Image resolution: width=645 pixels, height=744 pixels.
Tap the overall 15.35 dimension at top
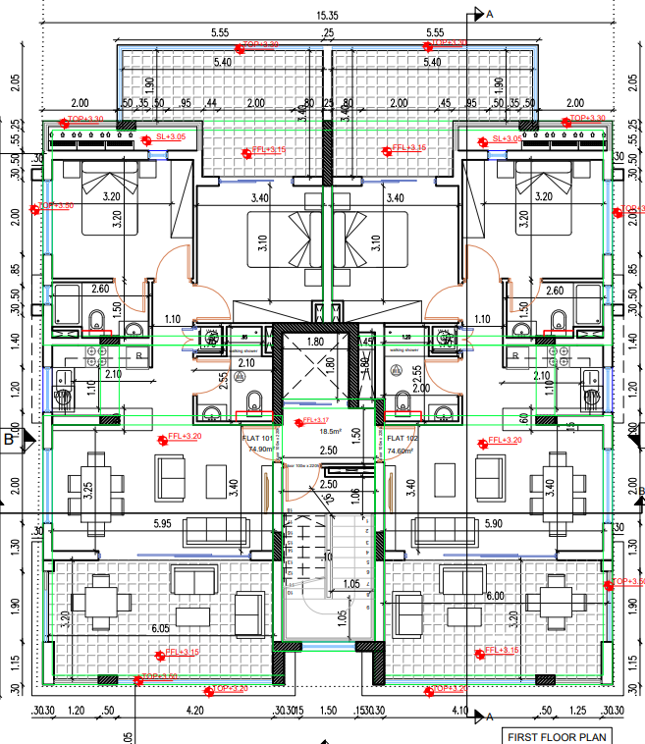(328, 15)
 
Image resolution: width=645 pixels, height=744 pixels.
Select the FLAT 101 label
(257, 438)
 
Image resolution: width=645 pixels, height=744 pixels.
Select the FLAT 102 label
(403, 438)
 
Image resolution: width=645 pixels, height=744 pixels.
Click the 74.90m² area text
(259, 450)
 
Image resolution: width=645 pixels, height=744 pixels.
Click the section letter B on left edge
(9, 439)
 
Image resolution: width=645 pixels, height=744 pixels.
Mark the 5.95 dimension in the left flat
(163, 524)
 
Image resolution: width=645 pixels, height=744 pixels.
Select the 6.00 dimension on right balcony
(494, 596)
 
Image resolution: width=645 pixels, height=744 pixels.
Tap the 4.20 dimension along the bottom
(194, 710)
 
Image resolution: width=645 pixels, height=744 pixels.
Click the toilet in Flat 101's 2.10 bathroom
(252, 399)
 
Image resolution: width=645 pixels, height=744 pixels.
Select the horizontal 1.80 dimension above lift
(315, 343)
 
